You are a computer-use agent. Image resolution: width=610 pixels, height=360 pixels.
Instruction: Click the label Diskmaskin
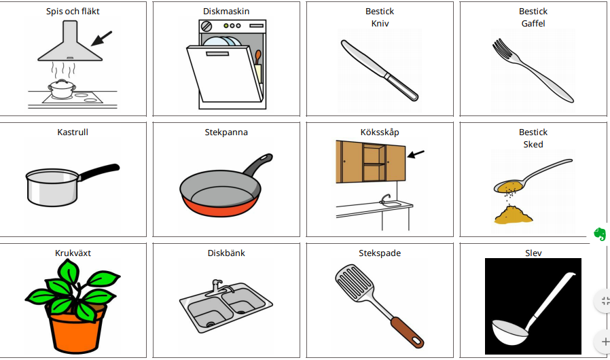(x=226, y=12)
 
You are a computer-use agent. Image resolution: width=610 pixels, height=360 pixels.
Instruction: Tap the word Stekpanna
(x=226, y=132)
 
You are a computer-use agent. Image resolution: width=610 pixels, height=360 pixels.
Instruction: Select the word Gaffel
(x=533, y=23)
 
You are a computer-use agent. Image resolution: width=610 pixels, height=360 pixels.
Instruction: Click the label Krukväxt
(x=73, y=253)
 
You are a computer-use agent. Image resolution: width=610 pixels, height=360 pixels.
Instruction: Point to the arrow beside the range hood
(x=101, y=39)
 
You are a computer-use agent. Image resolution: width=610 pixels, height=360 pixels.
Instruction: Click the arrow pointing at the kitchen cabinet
(x=416, y=154)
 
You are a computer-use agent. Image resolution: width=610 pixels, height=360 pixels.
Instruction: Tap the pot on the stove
(x=62, y=89)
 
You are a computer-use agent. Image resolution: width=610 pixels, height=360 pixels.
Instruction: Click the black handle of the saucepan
(x=98, y=172)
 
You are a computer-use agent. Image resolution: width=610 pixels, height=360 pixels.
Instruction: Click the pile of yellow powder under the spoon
(x=513, y=215)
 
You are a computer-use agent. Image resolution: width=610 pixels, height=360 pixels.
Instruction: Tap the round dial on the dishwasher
(x=207, y=26)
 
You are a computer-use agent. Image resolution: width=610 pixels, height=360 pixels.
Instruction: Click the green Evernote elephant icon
(x=600, y=234)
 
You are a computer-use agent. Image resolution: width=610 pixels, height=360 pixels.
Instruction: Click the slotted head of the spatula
(x=354, y=282)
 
